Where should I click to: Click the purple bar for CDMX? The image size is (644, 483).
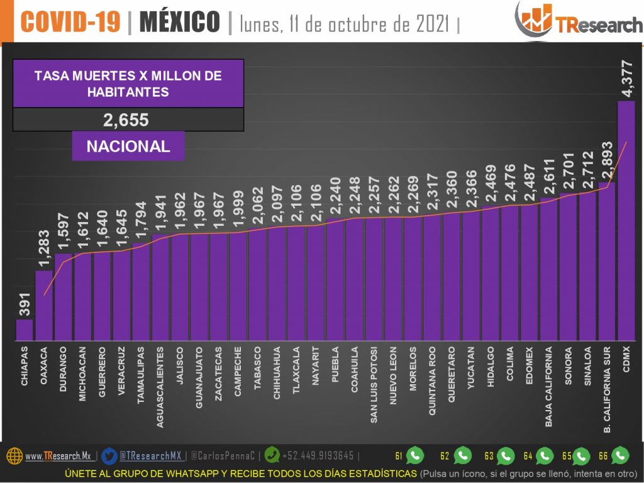point(626,220)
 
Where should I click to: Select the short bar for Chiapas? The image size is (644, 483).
point(25,330)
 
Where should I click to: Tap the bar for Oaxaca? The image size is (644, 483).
point(44,306)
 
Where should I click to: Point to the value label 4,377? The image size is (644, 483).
point(626,77)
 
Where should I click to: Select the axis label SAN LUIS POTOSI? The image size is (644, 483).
point(374,385)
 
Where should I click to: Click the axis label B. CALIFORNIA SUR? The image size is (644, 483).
point(608,389)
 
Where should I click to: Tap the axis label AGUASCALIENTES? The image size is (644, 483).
point(160,387)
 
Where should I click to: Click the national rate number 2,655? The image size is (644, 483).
point(128,119)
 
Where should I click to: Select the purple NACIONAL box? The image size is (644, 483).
point(128,147)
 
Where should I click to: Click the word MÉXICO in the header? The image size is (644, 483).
point(179,23)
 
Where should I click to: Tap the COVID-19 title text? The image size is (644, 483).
point(70,23)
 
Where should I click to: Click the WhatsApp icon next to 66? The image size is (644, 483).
point(620,455)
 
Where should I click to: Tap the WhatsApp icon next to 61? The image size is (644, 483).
point(415,455)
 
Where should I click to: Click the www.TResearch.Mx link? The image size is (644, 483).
point(58,456)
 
